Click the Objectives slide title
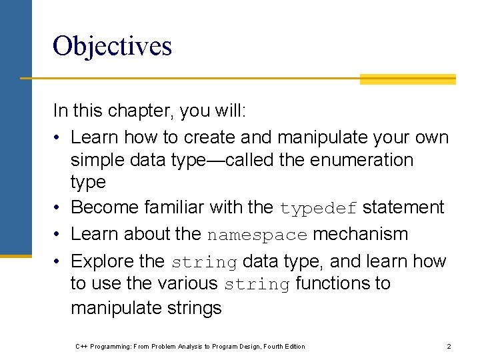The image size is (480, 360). pyautogui.click(x=112, y=46)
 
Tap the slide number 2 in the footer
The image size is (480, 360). pyautogui.click(x=449, y=346)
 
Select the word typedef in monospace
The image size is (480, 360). pyautogui.click(x=319, y=209)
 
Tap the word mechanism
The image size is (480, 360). pyautogui.click(x=360, y=234)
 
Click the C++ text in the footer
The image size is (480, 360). pyautogui.click(x=81, y=346)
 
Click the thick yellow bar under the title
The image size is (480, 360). pyautogui.click(x=407, y=79)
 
